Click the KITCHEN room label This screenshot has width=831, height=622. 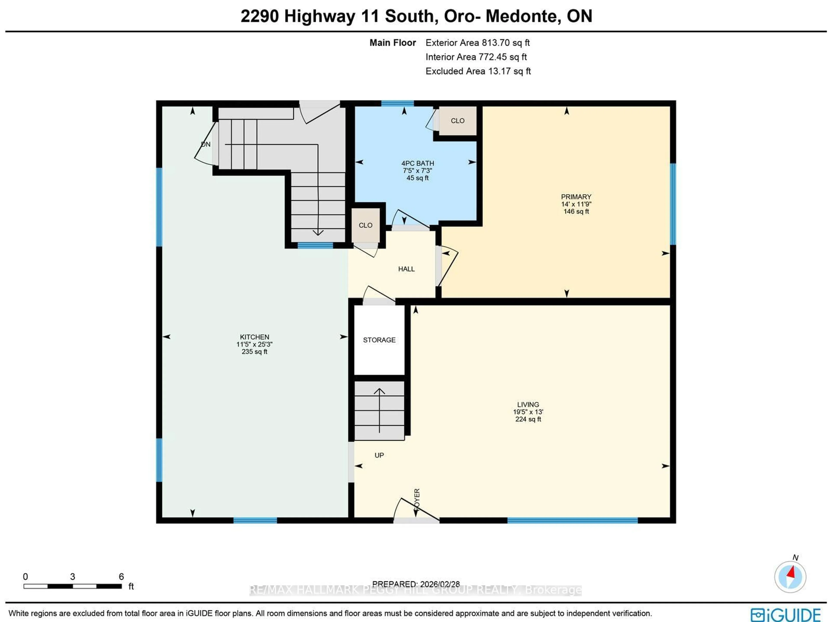(x=254, y=337)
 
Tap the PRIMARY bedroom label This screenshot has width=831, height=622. (x=576, y=197)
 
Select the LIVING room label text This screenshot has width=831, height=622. (x=528, y=405)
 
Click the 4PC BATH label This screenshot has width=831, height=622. (x=417, y=163)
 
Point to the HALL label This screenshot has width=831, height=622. (x=406, y=269)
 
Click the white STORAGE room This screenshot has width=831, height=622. (x=379, y=340)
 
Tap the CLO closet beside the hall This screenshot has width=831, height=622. (x=365, y=225)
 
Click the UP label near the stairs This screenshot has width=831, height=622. (x=379, y=455)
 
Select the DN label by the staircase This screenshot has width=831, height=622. (x=206, y=144)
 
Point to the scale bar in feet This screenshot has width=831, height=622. (x=72, y=586)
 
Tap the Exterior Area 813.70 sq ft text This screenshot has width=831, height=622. (x=477, y=43)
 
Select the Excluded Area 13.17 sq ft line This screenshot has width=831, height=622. (x=478, y=71)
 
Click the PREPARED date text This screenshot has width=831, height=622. (x=416, y=584)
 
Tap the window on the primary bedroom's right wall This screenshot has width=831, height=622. (x=673, y=204)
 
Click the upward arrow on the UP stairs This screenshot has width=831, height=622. (x=379, y=409)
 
